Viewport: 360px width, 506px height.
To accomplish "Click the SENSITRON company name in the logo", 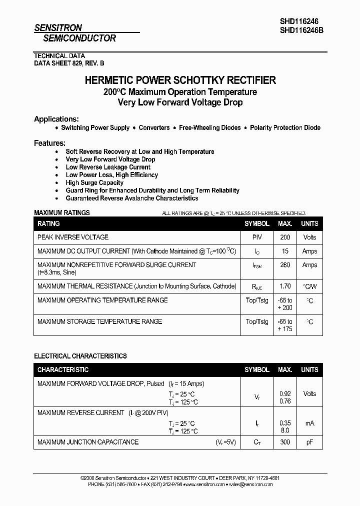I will [x=58, y=28].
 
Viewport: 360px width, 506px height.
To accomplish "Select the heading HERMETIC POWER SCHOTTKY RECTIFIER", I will [x=180, y=80].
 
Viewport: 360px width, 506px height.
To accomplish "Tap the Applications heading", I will [x=56, y=119].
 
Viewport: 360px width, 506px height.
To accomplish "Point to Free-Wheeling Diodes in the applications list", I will [x=209, y=128].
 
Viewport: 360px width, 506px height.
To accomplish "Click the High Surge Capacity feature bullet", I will [x=94, y=183].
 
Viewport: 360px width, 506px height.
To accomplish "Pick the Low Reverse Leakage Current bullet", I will [x=108, y=167].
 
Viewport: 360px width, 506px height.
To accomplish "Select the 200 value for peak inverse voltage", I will [x=285, y=237].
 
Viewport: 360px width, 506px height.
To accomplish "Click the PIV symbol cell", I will [x=257, y=237].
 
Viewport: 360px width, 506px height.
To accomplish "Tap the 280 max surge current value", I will [x=285, y=265].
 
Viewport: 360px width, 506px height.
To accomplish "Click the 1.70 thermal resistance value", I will [x=285, y=286].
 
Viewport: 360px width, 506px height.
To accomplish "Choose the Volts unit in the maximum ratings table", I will [x=309, y=237].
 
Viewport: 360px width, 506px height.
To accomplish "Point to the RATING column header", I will [x=48, y=223].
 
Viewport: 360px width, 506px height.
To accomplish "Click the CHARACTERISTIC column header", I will [x=63, y=369].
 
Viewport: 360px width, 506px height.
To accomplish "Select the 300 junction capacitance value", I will [x=285, y=442].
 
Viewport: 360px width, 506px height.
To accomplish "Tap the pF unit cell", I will [x=309, y=442].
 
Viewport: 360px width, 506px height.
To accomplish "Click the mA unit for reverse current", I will [x=309, y=423].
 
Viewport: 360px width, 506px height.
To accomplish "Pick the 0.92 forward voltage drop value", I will [x=285, y=394].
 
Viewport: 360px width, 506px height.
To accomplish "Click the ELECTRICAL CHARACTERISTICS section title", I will [x=80, y=356].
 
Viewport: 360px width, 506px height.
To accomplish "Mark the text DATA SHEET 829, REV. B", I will [x=69, y=63].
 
